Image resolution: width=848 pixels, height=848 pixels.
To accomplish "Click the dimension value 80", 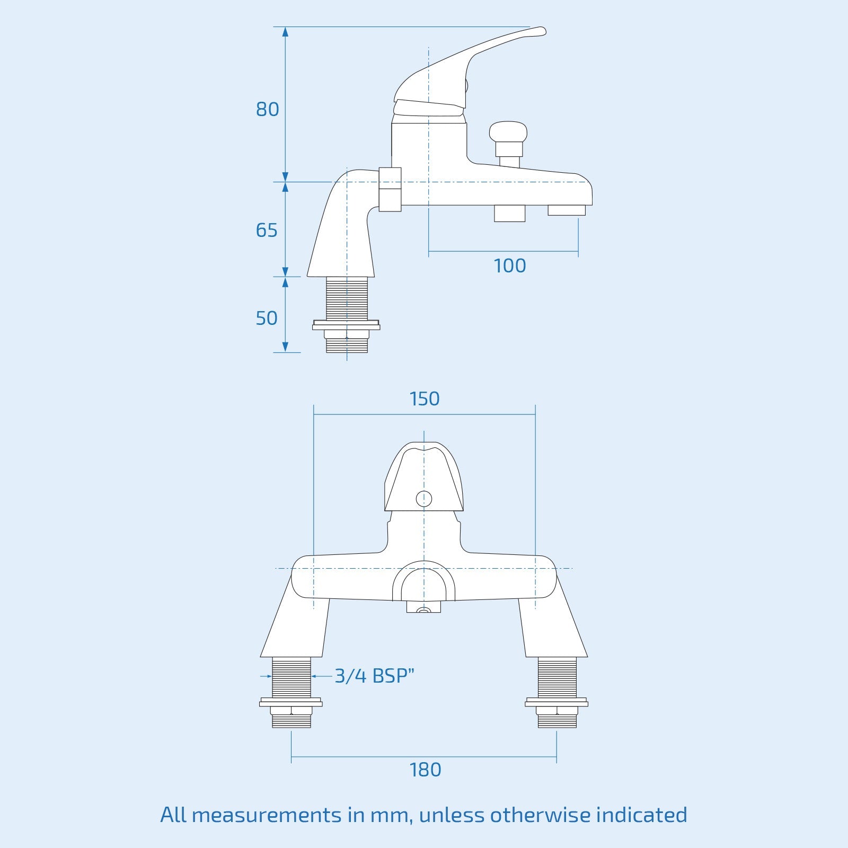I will click(x=267, y=109).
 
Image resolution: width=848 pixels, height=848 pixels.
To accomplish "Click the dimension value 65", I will click(x=267, y=230).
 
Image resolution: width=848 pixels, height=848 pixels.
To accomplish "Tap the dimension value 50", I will click(x=267, y=318).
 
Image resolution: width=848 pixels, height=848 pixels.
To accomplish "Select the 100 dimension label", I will click(x=509, y=266).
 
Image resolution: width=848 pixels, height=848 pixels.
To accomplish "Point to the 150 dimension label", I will click(x=425, y=399).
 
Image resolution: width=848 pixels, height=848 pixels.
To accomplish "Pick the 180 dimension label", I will click(x=425, y=770).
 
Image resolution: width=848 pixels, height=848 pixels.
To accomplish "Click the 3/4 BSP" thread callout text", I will click(x=374, y=676).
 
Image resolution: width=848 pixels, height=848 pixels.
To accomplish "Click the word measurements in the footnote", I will click(x=267, y=815).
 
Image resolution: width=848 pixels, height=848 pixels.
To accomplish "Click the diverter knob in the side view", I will click(x=508, y=132).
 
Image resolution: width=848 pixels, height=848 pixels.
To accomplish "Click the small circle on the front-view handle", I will click(x=424, y=499).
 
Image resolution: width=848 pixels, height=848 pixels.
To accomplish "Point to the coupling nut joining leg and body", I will click(x=390, y=189).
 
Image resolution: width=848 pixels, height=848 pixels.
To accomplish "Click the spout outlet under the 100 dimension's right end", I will click(x=567, y=210).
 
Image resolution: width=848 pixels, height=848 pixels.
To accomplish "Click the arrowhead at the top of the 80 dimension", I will click(x=285, y=31).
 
